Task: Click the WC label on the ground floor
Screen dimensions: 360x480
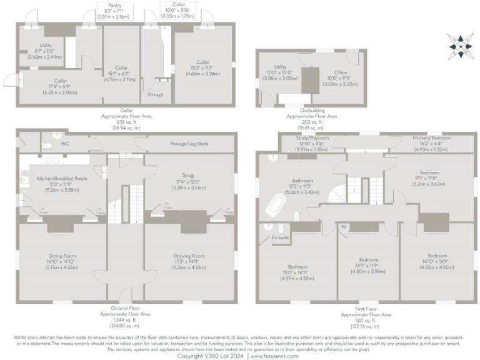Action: pos(64,144)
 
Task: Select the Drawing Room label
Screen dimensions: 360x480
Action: pos(189,256)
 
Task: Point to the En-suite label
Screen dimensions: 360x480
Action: pos(279,238)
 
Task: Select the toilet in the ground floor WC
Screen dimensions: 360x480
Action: pos(47,144)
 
